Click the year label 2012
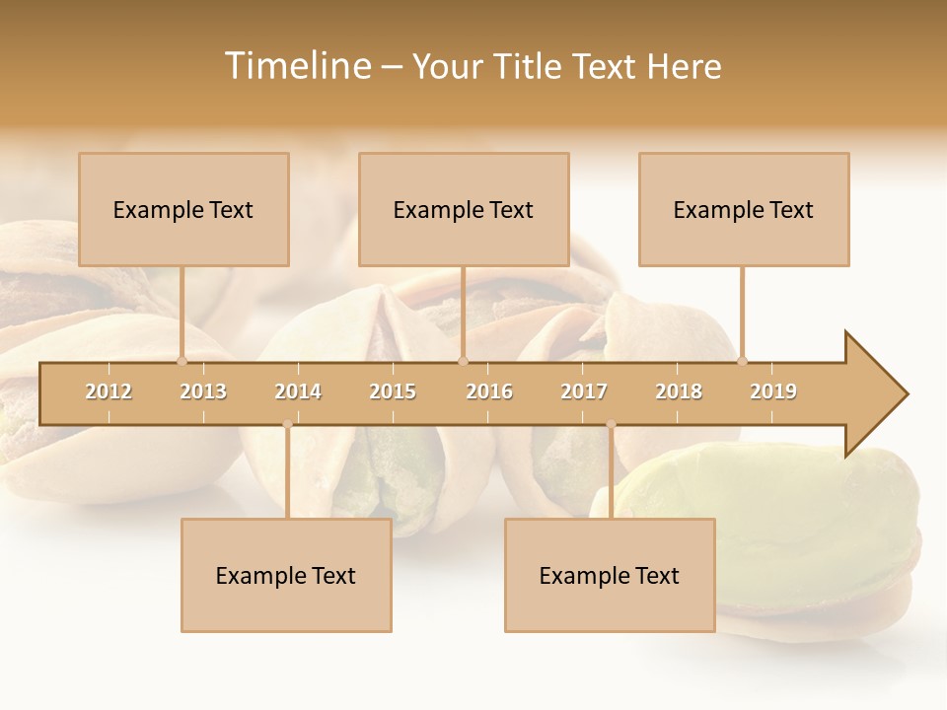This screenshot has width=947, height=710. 109,391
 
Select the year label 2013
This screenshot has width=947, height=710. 203,391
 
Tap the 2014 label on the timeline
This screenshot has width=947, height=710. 298,391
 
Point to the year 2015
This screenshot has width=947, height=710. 393,391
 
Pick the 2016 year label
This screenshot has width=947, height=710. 489,391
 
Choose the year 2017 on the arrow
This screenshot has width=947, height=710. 584,391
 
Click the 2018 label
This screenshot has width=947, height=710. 679,391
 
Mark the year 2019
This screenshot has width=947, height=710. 773,391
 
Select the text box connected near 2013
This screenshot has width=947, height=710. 183,209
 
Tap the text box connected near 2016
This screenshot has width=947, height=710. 464,209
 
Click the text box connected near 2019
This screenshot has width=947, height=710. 744,209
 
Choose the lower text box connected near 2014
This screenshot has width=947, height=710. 286,575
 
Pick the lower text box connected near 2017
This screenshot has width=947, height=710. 610,575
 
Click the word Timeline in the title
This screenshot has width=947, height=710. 296,66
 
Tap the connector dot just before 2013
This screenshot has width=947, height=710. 182,361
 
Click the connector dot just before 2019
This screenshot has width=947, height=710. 742,361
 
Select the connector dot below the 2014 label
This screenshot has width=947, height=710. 287,425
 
